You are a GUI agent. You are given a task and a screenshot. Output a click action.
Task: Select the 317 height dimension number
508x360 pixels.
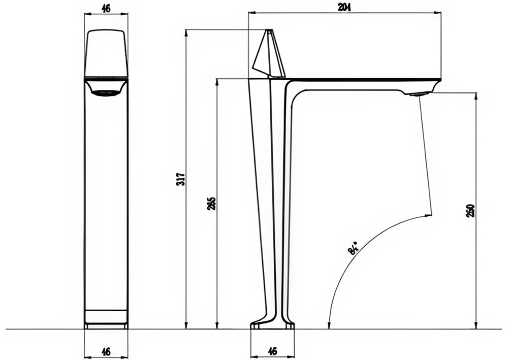(x=181, y=179)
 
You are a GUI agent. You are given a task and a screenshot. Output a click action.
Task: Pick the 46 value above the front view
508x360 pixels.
(x=106, y=9)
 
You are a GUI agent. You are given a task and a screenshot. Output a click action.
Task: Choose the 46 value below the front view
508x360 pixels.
(x=106, y=351)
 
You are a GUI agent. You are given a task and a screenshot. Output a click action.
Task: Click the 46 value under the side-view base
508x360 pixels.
(x=272, y=351)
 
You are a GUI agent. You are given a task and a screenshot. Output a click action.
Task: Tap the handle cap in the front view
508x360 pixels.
(x=106, y=53)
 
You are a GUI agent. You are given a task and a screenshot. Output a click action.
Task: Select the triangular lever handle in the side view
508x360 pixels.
(x=268, y=56)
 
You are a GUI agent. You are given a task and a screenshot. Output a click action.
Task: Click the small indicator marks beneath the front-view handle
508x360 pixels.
(x=106, y=93)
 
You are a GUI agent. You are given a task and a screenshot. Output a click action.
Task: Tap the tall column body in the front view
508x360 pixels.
(x=106, y=203)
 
